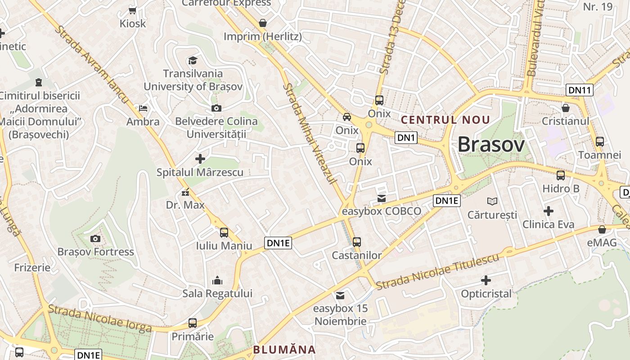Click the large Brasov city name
[x=491, y=145]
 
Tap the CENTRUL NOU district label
[x=445, y=120]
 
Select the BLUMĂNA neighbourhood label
[x=284, y=350]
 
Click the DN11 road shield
[x=579, y=90]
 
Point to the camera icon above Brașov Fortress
[x=95, y=238]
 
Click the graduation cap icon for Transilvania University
[x=193, y=60]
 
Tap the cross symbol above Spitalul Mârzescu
[x=200, y=159]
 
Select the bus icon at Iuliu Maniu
[x=224, y=233]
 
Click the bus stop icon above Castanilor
[x=357, y=242]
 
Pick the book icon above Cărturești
[x=493, y=201]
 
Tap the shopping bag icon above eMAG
[x=602, y=229]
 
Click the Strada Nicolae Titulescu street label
[x=437, y=272]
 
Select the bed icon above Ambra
[x=143, y=108]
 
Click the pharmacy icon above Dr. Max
[x=185, y=193]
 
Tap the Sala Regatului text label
[x=217, y=293]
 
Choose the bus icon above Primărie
[x=193, y=323]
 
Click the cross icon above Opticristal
[x=486, y=281]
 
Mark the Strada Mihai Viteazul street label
[x=310, y=133]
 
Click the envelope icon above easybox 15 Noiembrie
[x=340, y=296]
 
